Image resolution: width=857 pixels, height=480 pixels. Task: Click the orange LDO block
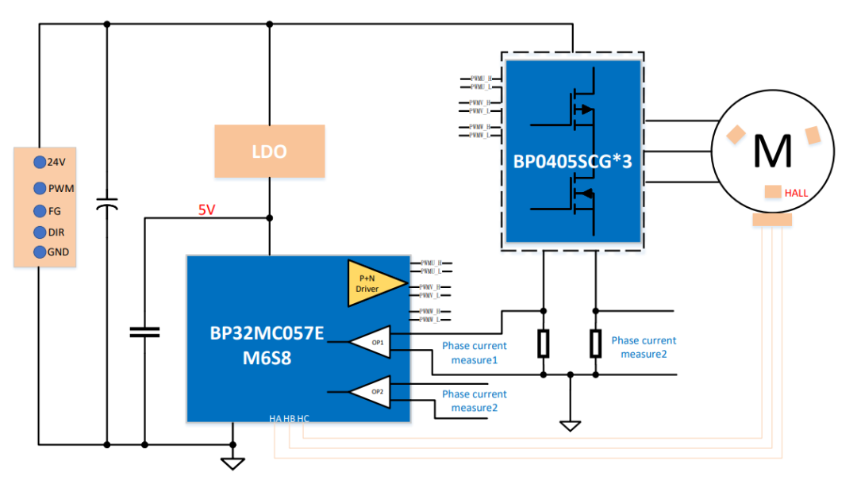click(269, 151)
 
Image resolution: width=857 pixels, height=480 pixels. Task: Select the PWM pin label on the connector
click(61, 189)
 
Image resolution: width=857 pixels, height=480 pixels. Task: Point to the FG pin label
click(55, 211)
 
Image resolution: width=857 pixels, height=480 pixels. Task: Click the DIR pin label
click(57, 232)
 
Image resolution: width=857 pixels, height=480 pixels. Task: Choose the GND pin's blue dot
click(39, 252)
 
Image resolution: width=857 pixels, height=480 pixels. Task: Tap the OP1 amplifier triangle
click(371, 342)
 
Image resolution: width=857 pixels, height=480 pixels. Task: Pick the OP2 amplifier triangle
click(371, 392)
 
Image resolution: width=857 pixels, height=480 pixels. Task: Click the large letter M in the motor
click(772, 150)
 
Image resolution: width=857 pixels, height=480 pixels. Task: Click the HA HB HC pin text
click(290, 417)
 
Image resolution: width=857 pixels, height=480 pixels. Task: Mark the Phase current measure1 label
click(475, 352)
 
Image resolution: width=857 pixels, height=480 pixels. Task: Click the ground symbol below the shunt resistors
click(570, 425)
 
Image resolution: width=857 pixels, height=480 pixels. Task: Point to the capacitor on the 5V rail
click(144, 332)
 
